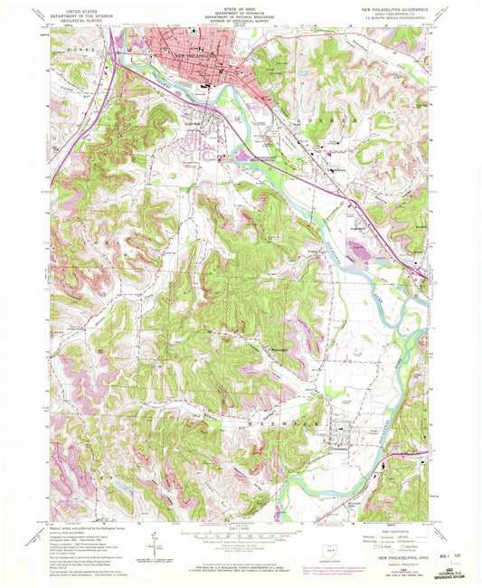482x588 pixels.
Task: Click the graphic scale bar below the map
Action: click(238, 535)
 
